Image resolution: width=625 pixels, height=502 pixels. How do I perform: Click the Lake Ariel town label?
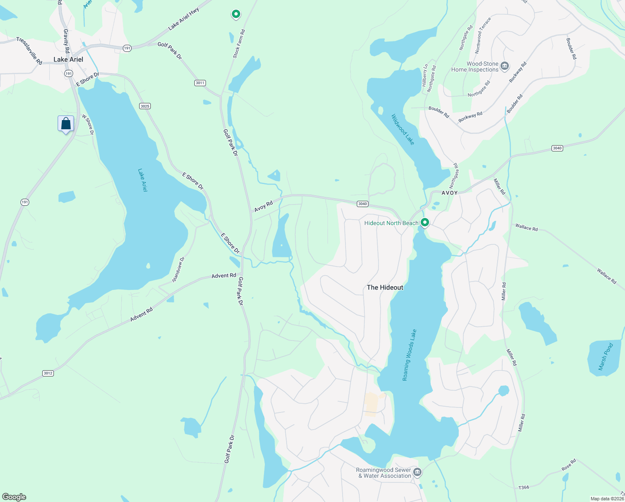click(68, 59)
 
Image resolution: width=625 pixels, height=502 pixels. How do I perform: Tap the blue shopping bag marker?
click(66, 124)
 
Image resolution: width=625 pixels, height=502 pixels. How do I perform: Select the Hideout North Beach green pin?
click(425, 223)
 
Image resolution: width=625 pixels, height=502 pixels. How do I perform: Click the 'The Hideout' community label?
click(385, 287)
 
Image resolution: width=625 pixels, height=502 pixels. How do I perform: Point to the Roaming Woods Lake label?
click(409, 355)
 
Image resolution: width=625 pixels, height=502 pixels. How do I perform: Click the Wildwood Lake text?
click(403, 130)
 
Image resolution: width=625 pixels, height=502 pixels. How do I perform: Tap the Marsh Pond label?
click(605, 356)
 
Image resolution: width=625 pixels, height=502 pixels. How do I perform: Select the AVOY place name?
click(450, 193)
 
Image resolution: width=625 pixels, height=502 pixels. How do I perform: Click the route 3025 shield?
click(145, 106)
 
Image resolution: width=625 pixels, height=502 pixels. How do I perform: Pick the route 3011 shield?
click(200, 83)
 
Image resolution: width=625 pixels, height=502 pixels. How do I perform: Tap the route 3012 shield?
click(48, 373)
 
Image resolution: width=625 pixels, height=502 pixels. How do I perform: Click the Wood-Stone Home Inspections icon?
click(505, 66)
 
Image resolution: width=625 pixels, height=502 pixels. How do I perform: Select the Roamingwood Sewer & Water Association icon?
click(417, 473)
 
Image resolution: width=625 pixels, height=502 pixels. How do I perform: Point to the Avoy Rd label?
click(264, 206)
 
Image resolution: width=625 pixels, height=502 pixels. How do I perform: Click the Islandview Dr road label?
click(178, 269)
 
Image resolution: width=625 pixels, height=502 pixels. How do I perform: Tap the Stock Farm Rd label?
click(239, 44)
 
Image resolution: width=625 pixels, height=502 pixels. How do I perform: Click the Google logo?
click(14, 497)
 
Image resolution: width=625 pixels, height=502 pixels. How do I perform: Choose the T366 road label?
click(523, 487)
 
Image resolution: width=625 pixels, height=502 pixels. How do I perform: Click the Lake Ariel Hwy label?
click(183, 19)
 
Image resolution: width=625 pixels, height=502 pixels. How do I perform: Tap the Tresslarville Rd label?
click(29, 51)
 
